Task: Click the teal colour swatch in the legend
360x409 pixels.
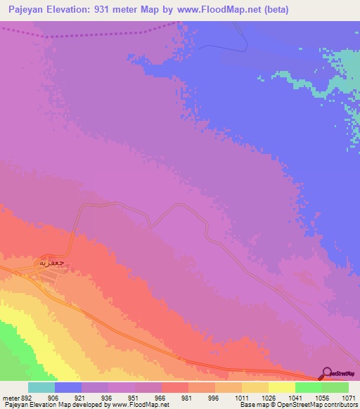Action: [x=41, y=387]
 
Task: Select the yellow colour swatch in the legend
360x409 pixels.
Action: [x=281, y=387]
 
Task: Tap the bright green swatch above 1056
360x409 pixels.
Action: [x=308, y=387]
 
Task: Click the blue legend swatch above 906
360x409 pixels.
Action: [x=68, y=387]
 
